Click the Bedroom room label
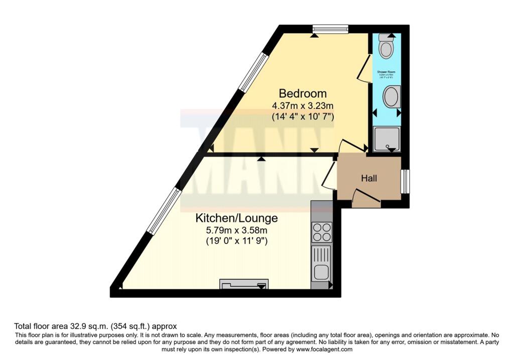(x=303, y=93)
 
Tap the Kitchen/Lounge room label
(x=236, y=218)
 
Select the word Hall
(x=369, y=178)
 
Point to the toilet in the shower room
(x=386, y=47)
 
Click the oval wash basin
(x=391, y=96)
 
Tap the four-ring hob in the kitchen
(x=321, y=232)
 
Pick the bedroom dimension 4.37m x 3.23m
(x=303, y=106)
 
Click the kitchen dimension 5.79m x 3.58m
(x=236, y=230)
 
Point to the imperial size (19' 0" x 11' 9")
(x=236, y=242)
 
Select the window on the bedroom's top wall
(x=330, y=29)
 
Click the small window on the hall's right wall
(x=405, y=181)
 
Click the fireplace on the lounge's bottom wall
(x=243, y=285)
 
